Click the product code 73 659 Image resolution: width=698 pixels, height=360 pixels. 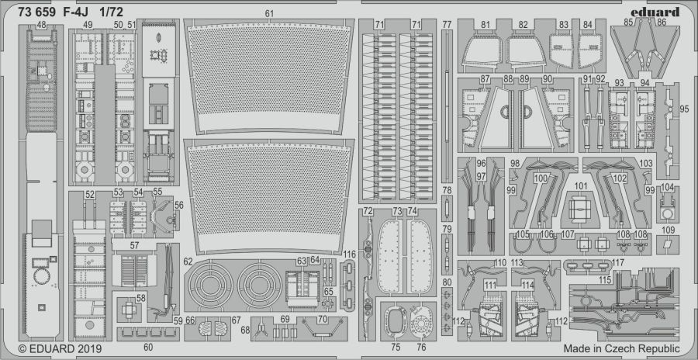pyautogui.click(x=37, y=13)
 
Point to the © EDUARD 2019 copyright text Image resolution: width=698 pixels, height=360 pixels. pyautogui.click(x=60, y=348)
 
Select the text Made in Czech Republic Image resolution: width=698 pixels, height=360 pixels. pyautogui.click(x=621, y=348)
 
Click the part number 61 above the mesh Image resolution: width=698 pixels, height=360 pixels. pyautogui.click(x=269, y=14)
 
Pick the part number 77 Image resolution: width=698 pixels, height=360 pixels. pyautogui.click(x=447, y=24)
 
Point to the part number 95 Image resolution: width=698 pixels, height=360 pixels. pyautogui.click(x=684, y=109)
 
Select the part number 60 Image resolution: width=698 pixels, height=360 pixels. pyautogui.click(x=148, y=347)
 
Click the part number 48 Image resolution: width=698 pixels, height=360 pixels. pyautogui.click(x=41, y=26)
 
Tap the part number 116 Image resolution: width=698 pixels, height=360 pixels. pyautogui.click(x=350, y=254)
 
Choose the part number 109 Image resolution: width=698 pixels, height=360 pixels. pyautogui.click(x=669, y=230)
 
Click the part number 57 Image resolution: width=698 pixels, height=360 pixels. pyautogui.click(x=134, y=244)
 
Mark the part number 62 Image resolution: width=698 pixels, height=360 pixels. pyautogui.click(x=188, y=261)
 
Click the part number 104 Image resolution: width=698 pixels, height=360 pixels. pyautogui.click(x=667, y=187)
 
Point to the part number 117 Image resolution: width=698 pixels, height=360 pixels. pyautogui.click(x=617, y=262)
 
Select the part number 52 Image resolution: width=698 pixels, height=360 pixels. pyautogui.click(x=90, y=194)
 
